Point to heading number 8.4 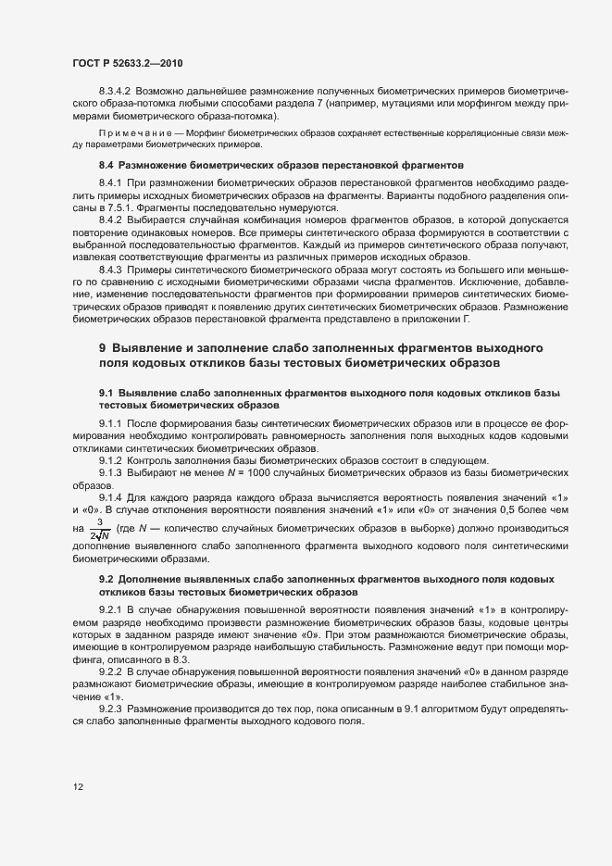(x=106, y=165)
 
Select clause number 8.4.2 (x=111, y=220)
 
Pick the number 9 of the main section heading (x=103, y=347)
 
